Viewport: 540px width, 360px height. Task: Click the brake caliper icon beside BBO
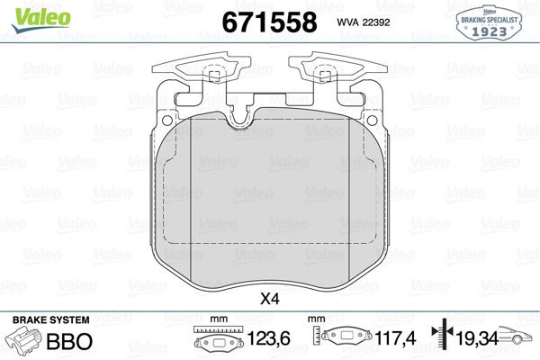[24, 342]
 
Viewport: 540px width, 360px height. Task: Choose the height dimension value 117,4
[377, 343]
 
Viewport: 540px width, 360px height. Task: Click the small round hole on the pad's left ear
[168, 119]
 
